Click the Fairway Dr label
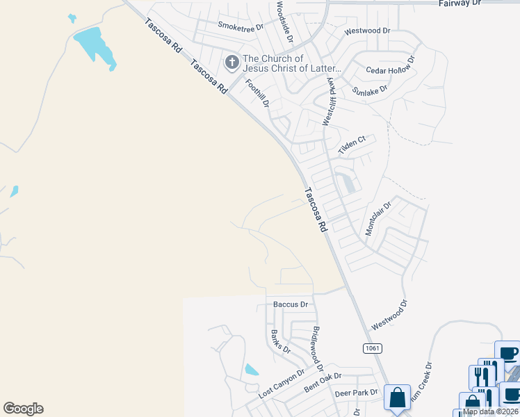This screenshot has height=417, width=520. pyautogui.click(x=460, y=3)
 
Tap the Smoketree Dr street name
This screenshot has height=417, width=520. pyautogui.click(x=241, y=26)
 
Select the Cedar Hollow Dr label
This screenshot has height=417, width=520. pyautogui.click(x=391, y=65)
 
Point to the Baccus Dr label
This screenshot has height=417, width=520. pyautogui.click(x=291, y=304)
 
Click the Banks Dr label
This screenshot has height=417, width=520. pyautogui.click(x=281, y=341)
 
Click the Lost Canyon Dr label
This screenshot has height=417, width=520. pyautogui.click(x=282, y=384)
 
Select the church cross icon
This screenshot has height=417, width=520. pyautogui.click(x=231, y=64)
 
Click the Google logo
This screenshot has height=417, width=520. pyautogui.click(x=23, y=408)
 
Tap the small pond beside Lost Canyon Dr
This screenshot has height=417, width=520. pyautogui.click(x=252, y=370)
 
